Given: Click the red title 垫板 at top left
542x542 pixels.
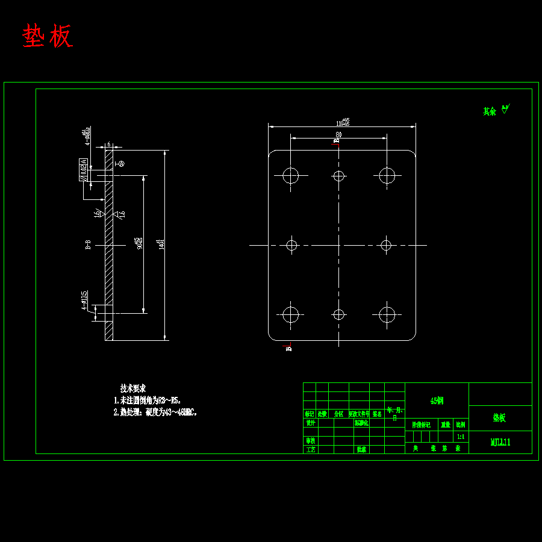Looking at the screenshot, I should pyautogui.click(x=48, y=37).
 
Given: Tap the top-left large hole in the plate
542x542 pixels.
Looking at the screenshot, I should pyautogui.click(x=291, y=176).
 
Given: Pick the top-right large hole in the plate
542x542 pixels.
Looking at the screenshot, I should pyautogui.click(x=387, y=176).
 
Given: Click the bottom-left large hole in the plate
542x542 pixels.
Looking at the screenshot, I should pyautogui.click(x=291, y=314).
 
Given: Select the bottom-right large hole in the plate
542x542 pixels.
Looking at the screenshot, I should pyautogui.click(x=387, y=314).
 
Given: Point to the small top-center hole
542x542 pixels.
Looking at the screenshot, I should pyautogui.click(x=338, y=176).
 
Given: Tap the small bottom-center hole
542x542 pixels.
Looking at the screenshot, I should pyautogui.click(x=338, y=314).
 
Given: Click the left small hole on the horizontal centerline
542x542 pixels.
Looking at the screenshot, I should pyautogui.click(x=291, y=245).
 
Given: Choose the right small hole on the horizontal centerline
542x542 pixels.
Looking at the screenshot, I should pyautogui.click(x=386, y=245).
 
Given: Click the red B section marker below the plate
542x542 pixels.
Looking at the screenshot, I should pyautogui.click(x=288, y=347).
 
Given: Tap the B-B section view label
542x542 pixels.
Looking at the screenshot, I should pyautogui.click(x=88, y=245).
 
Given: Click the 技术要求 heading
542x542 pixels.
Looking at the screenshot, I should pyautogui.click(x=132, y=388).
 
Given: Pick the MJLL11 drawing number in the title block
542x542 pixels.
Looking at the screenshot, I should pyautogui.click(x=500, y=442).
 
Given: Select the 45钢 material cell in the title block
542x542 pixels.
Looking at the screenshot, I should pyautogui.click(x=437, y=400).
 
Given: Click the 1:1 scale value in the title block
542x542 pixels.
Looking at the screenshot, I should pyautogui.click(x=461, y=437).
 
